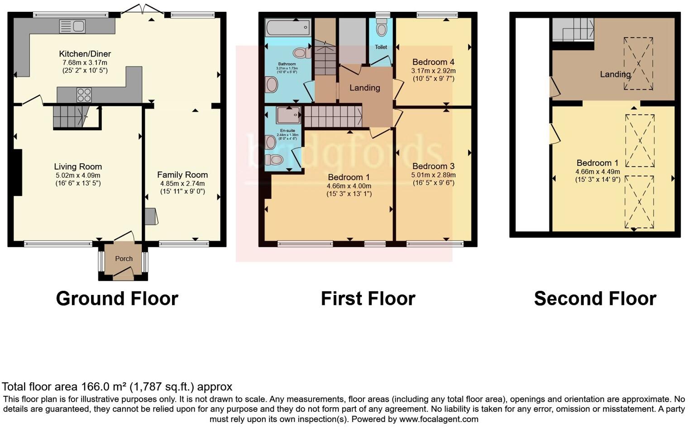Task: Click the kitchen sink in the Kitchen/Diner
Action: (72, 26)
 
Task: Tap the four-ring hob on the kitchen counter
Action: (84, 95)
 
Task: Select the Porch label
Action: (124, 259)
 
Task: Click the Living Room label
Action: (78, 166)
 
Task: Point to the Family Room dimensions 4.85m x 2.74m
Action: (182, 183)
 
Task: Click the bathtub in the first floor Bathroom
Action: (287, 28)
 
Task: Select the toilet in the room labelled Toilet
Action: (382, 28)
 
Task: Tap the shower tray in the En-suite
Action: (288, 115)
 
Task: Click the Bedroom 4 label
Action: (433, 62)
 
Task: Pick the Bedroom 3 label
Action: (433, 166)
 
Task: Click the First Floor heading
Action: (368, 299)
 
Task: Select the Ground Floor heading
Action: (117, 299)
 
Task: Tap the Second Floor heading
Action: (595, 299)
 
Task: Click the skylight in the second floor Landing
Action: (638, 63)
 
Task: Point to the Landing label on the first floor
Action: (364, 88)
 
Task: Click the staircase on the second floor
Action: (573, 30)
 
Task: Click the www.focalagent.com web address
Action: (439, 419)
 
